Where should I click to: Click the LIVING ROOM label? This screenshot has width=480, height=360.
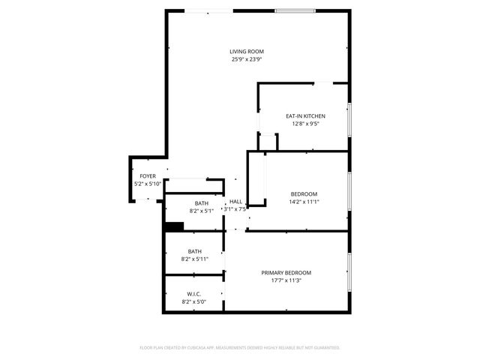[246, 52]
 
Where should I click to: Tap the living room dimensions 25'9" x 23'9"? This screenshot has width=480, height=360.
[246, 59]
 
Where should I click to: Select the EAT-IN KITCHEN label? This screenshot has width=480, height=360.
[305, 116]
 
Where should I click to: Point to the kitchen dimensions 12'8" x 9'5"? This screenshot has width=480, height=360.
[305, 124]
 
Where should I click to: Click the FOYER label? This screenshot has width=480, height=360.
[147, 176]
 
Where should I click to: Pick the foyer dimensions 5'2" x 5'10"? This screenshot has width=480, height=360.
[147, 184]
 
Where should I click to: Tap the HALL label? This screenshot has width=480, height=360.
[235, 202]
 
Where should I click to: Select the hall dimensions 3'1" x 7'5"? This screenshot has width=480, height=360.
[235, 209]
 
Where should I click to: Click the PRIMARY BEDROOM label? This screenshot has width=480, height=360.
[286, 273]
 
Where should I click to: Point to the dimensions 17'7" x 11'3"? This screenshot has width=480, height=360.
[286, 280]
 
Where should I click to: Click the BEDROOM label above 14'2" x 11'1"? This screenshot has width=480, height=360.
[304, 193]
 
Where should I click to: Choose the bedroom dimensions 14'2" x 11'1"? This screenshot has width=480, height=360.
[304, 201]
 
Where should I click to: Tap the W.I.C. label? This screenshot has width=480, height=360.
[194, 294]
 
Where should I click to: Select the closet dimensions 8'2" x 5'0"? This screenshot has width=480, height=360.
[194, 301]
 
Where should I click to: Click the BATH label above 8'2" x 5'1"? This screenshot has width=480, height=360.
[202, 203]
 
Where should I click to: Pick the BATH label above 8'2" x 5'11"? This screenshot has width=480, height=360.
[194, 251]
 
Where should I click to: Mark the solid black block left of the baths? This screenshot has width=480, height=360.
[174, 227]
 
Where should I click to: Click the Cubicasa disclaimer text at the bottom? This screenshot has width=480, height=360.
[240, 348]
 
